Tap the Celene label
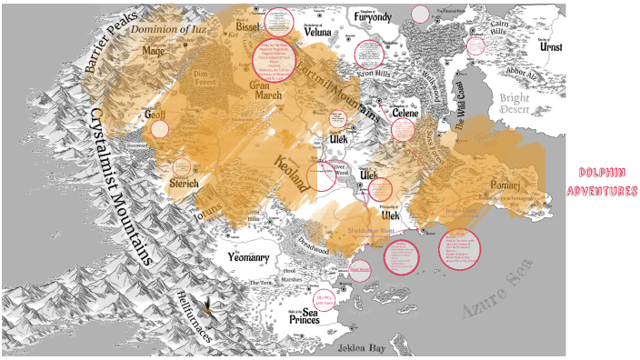[x=404, y=112]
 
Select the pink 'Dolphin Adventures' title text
[x=601, y=181]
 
